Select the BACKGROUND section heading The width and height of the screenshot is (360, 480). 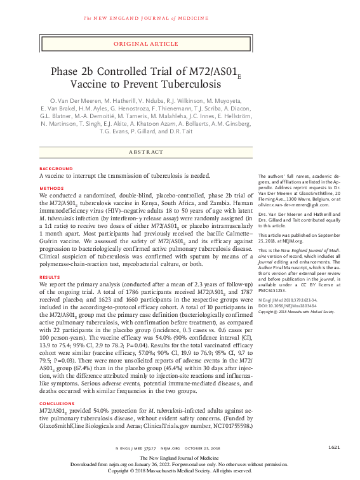pyautogui.click(x=55, y=168)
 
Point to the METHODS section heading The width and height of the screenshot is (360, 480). pyautogui.click(x=51, y=189)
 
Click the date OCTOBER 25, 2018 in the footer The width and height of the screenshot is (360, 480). pyautogui.click(x=208, y=448)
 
